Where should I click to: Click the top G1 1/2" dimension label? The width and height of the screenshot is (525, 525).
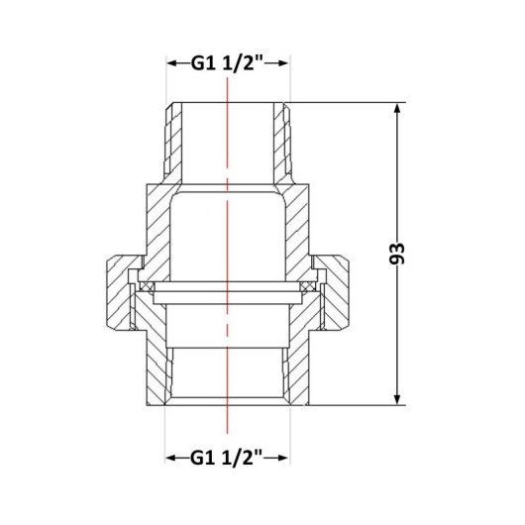coord(228,62)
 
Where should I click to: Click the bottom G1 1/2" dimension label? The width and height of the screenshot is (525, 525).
coord(227,458)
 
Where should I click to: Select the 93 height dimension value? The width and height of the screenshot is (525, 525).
coord(397,254)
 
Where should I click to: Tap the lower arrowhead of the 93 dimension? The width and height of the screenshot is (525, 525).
coord(397,398)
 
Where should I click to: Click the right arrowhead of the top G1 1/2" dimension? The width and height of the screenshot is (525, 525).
coord(282,63)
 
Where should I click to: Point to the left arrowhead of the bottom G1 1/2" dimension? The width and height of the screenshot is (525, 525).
coord(172,458)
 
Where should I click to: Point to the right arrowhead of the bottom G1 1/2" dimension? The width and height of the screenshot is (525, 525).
coord(282,458)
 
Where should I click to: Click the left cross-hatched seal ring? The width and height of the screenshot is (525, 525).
coord(147,287)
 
